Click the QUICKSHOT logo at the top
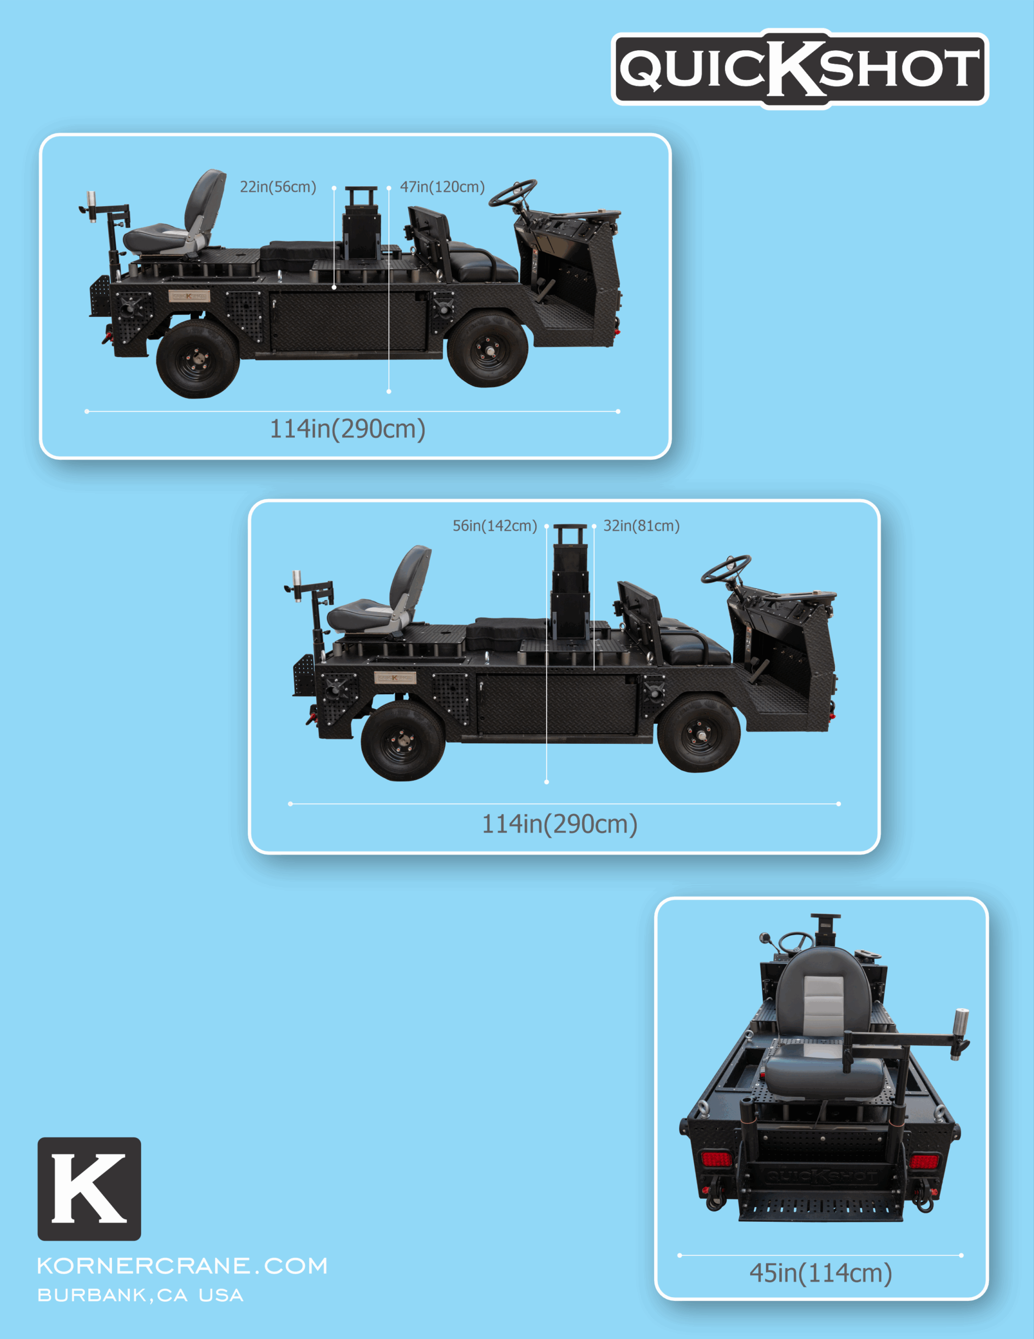pos(799,69)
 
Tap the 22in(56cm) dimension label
pos(278,187)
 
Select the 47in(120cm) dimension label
pos(442,187)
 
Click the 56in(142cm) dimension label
pos(495,526)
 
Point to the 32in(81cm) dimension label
pos(641,526)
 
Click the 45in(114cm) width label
pos(820,1273)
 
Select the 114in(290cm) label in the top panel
pos(348,428)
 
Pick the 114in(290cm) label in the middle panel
pos(559,823)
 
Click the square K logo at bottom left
pos(89,1189)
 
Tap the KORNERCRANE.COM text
pos(182,1265)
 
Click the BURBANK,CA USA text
pos(141,1295)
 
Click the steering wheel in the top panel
pos(514,193)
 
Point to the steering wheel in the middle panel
pos(726,569)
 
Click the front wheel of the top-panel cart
pos(488,349)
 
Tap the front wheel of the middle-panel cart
pos(699,733)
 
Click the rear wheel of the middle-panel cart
pos(403,741)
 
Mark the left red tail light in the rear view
pos(716,1160)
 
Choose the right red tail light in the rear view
pos(925,1161)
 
